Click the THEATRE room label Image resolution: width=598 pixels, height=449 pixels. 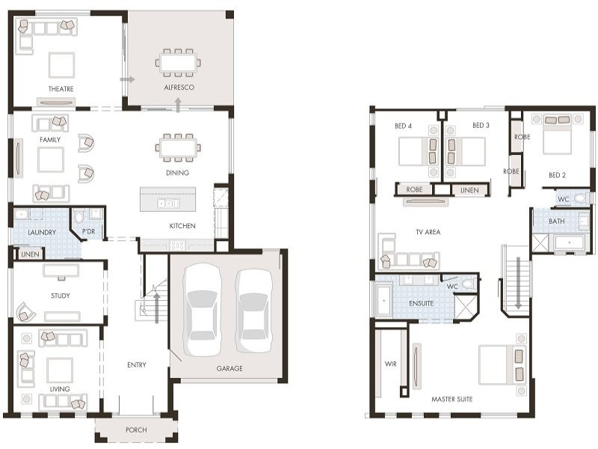[x=61, y=88]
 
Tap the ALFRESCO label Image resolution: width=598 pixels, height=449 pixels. [x=179, y=87]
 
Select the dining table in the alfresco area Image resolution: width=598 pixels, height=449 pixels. [x=178, y=63]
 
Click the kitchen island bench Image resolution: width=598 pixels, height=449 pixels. [x=167, y=199]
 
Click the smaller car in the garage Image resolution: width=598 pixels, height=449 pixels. [x=253, y=311]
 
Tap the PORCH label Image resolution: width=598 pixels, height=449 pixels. [x=136, y=430]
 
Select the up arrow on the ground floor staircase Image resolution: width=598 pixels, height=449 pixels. [x=156, y=308]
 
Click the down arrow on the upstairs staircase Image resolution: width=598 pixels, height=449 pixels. [x=518, y=283]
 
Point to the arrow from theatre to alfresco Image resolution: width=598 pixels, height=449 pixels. [x=127, y=79]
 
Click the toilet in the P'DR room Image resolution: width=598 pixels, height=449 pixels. [x=79, y=216]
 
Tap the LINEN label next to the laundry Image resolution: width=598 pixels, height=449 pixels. [x=30, y=254]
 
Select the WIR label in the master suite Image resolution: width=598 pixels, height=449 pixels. [x=390, y=364]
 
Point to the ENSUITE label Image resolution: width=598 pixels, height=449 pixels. [x=421, y=303]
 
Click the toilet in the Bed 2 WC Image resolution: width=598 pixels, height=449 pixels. [x=582, y=198]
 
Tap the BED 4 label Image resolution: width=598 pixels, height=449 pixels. [x=403, y=126]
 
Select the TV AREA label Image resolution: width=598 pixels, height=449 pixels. [x=428, y=232]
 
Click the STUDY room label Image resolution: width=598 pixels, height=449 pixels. [x=61, y=296]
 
